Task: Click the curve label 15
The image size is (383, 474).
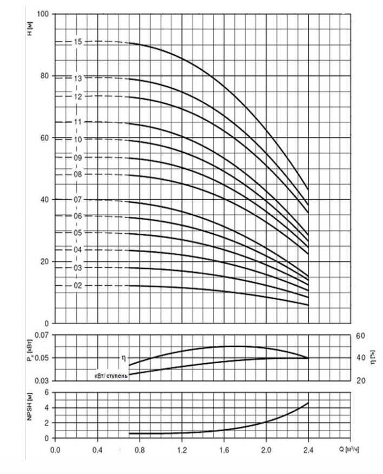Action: pyautogui.click(x=78, y=42)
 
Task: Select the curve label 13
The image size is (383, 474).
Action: pyautogui.click(x=78, y=78)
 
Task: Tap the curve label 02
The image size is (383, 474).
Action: pyautogui.click(x=78, y=285)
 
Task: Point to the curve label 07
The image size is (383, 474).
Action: pyautogui.click(x=78, y=200)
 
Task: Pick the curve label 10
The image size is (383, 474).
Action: pyautogui.click(x=78, y=139)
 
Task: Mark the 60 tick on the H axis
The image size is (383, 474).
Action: pyautogui.click(x=45, y=137)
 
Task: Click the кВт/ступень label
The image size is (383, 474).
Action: pyautogui.click(x=110, y=376)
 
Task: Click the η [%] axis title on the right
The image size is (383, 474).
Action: pyautogui.click(x=373, y=357)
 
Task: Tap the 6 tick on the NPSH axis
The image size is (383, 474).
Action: pyautogui.click(x=47, y=392)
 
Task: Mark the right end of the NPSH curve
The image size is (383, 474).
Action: pyautogui.click(x=308, y=403)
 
